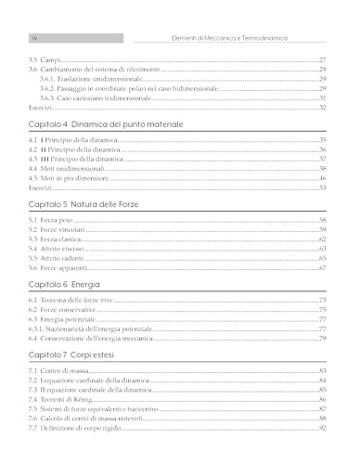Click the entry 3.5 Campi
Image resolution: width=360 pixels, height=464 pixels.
click(45, 58)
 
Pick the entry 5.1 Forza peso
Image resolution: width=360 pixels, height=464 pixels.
click(58, 220)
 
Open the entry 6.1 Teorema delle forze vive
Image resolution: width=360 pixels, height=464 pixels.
click(82, 300)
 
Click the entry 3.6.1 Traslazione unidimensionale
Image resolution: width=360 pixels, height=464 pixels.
click(90, 78)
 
